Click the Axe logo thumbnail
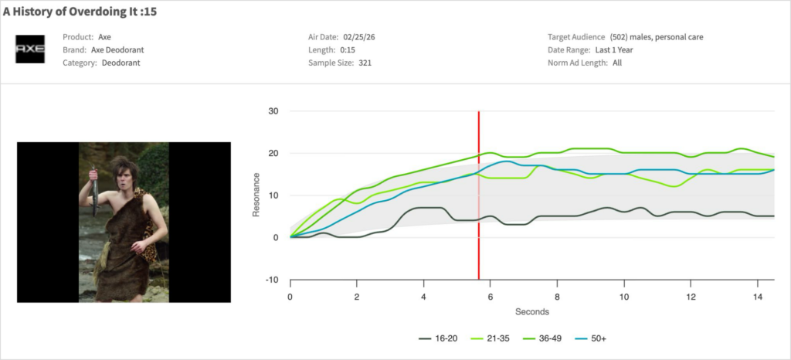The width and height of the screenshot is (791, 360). click(x=31, y=49)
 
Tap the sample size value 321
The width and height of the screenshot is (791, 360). click(x=365, y=63)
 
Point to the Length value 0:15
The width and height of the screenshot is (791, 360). click(x=346, y=50)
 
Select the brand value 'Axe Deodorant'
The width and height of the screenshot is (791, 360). click(x=117, y=50)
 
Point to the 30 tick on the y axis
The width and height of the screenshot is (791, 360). click(x=273, y=111)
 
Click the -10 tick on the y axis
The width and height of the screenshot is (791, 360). click(x=271, y=280)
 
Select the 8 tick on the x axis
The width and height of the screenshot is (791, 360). click(x=557, y=297)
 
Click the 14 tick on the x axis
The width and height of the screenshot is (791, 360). click(x=757, y=297)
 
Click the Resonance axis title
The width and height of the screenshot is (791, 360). click(x=256, y=195)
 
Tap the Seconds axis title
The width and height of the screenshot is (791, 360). click(x=531, y=312)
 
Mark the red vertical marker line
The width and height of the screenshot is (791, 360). click(x=479, y=193)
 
